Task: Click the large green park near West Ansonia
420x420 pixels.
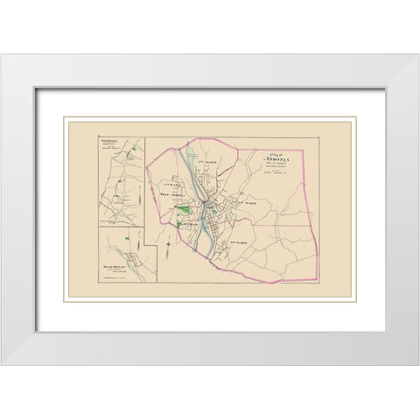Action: tap(183, 209)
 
